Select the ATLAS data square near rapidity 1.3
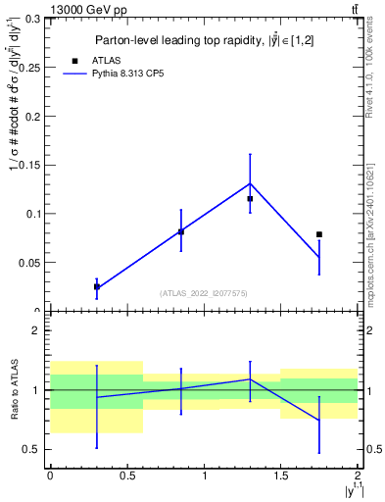point(250,199)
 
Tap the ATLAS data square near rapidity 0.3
point(96,286)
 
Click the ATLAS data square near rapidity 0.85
point(181,231)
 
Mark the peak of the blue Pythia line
point(250,183)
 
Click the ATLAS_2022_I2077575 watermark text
point(204,292)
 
